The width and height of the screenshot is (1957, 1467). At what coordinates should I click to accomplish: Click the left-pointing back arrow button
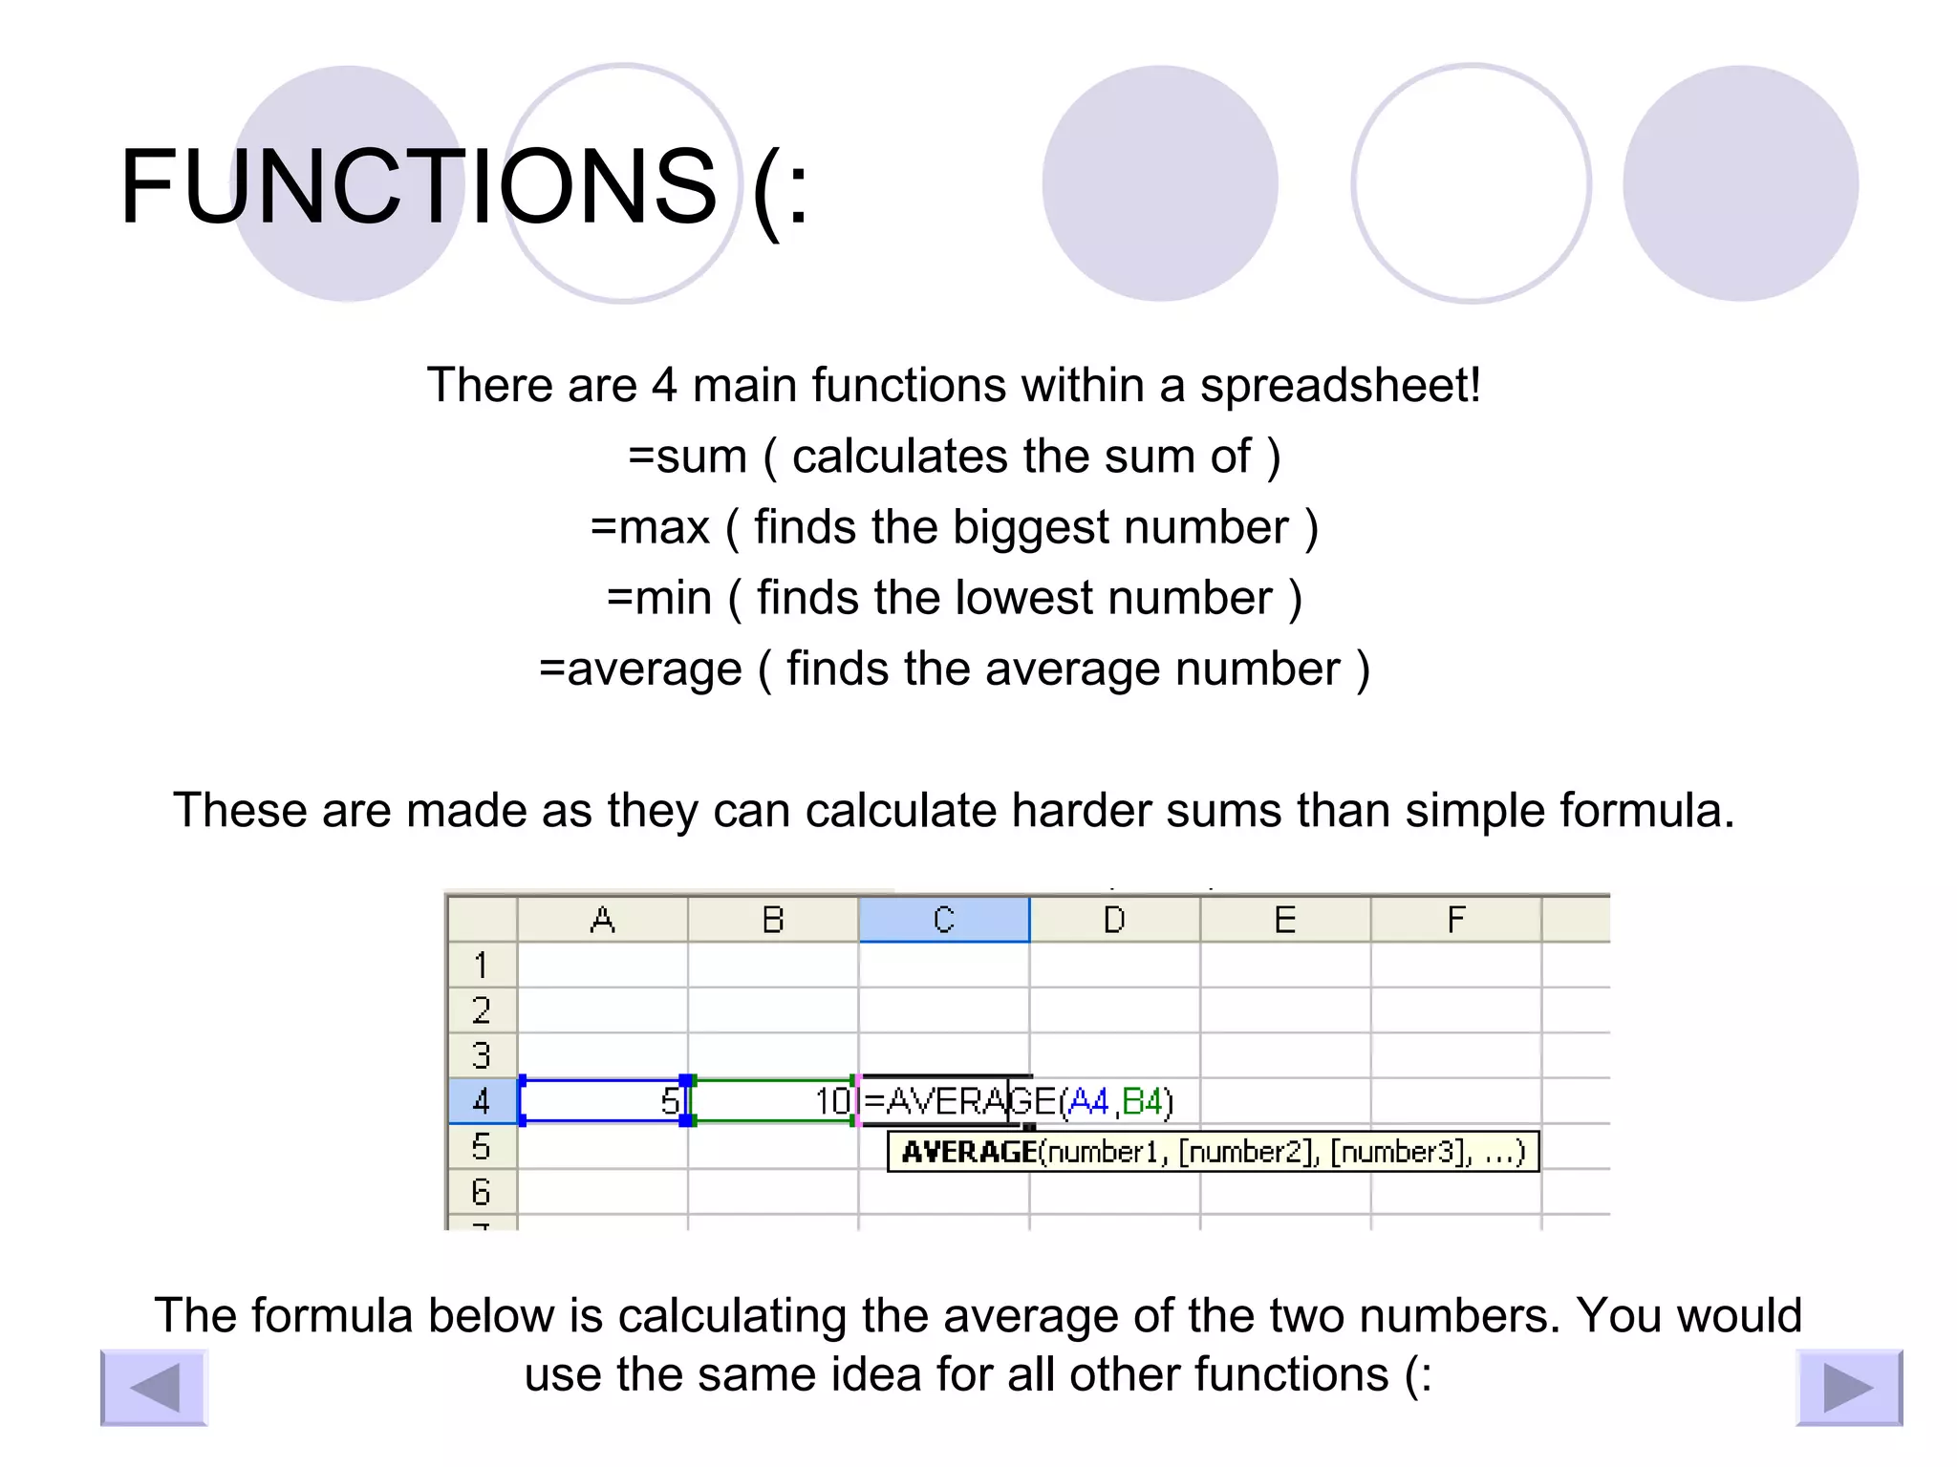tap(154, 1387)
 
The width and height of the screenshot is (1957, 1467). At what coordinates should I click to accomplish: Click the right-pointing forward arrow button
tap(1849, 1387)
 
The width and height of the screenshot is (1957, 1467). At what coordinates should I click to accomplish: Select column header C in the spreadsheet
tap(943, 920)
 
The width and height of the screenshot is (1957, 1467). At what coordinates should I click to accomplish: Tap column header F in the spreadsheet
tap(1455, 920)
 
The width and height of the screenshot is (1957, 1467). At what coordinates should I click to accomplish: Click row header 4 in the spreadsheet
tap(482, 1101)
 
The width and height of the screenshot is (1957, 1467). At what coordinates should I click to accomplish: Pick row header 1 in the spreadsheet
tap(482, 965)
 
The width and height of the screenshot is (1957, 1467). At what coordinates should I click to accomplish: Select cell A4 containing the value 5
tap(602, 1101)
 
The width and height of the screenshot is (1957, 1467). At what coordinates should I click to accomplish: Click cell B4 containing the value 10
tap(772, 1101)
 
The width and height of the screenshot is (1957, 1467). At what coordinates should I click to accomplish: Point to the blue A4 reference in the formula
tap(1088, 1102)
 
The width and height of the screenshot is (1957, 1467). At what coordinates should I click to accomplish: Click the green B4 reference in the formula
tap(1142, 1102)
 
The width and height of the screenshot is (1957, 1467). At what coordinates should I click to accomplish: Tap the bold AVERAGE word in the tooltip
tap(969, 1152)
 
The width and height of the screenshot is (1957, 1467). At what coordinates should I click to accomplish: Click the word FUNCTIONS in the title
tap(418, 187)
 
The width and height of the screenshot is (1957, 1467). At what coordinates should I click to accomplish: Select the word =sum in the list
tap(687, 457)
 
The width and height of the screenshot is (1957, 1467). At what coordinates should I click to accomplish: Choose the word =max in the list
tap(650, 527)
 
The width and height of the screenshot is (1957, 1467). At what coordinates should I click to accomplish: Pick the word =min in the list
tap(659, 598)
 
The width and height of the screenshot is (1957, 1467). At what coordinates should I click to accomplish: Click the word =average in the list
tap(640, 669)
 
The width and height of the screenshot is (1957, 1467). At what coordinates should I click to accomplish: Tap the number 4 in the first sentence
tap(664, 385)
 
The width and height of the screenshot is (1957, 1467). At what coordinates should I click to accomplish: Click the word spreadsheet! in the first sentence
tap(1340, 385)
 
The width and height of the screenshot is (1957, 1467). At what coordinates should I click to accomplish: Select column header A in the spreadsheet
tap(602, 920)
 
